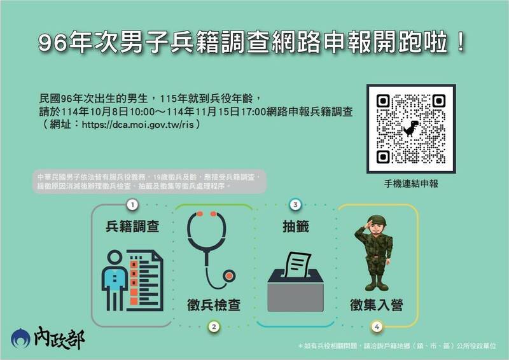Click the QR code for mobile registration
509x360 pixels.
click(411, 128)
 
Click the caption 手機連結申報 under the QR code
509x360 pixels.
click(411, 183)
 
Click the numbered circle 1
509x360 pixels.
click(132, 205)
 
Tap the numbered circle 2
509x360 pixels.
click(214, 327)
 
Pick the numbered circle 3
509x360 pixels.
click(295, 205)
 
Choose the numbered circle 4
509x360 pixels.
click(377, 327)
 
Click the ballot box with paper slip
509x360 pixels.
click(295, 280)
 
